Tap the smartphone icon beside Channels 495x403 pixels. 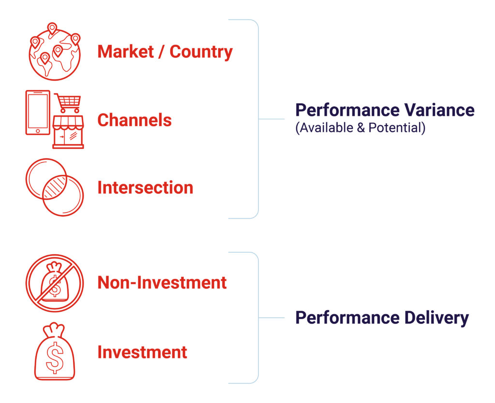(38, 113)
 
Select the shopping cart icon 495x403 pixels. (68, 103)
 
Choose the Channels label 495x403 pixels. (134, 120)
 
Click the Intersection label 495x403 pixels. (145, 187)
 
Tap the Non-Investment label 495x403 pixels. (162, 282)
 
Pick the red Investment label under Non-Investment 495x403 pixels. (142, 352)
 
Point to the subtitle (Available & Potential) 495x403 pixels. (360, 129)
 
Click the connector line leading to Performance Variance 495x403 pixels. (271, 119)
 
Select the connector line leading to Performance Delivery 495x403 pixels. (271, 318)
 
